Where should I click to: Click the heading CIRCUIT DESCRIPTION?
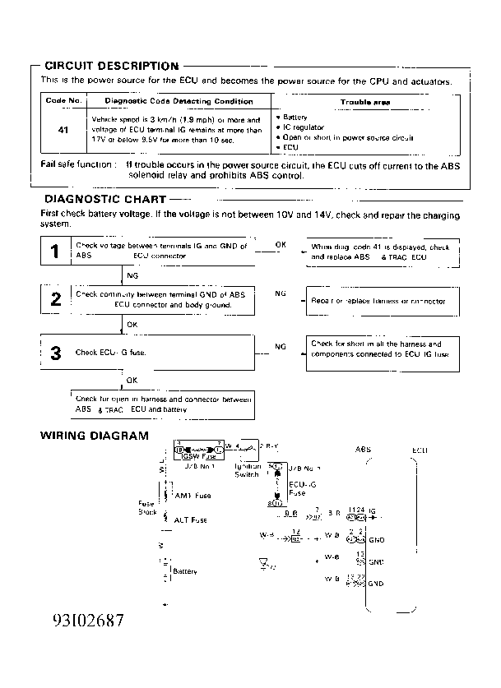[x=111, y=66]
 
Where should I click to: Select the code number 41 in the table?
[x=63, y=130]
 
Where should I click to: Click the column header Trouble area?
[x=365, y=103]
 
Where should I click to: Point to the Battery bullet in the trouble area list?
[x=294, y=118]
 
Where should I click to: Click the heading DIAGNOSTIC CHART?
[x=104, y=199]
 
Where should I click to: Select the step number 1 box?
[x=55, y=252]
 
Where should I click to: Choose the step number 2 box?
[x=55, y=299]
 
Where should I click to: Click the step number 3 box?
[x=55, y=353]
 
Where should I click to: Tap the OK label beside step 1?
[x=281, y=245]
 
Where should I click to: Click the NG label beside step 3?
[x=281, y=347]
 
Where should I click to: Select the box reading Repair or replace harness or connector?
[x=381, y=301]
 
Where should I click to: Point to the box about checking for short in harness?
[x=381, y=349]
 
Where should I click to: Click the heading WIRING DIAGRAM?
[x=95, y=436]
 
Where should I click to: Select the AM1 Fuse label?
[x=193, y=496]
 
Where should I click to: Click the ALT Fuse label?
[x=191, y=520]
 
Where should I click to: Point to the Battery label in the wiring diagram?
[x=185, y=571]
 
